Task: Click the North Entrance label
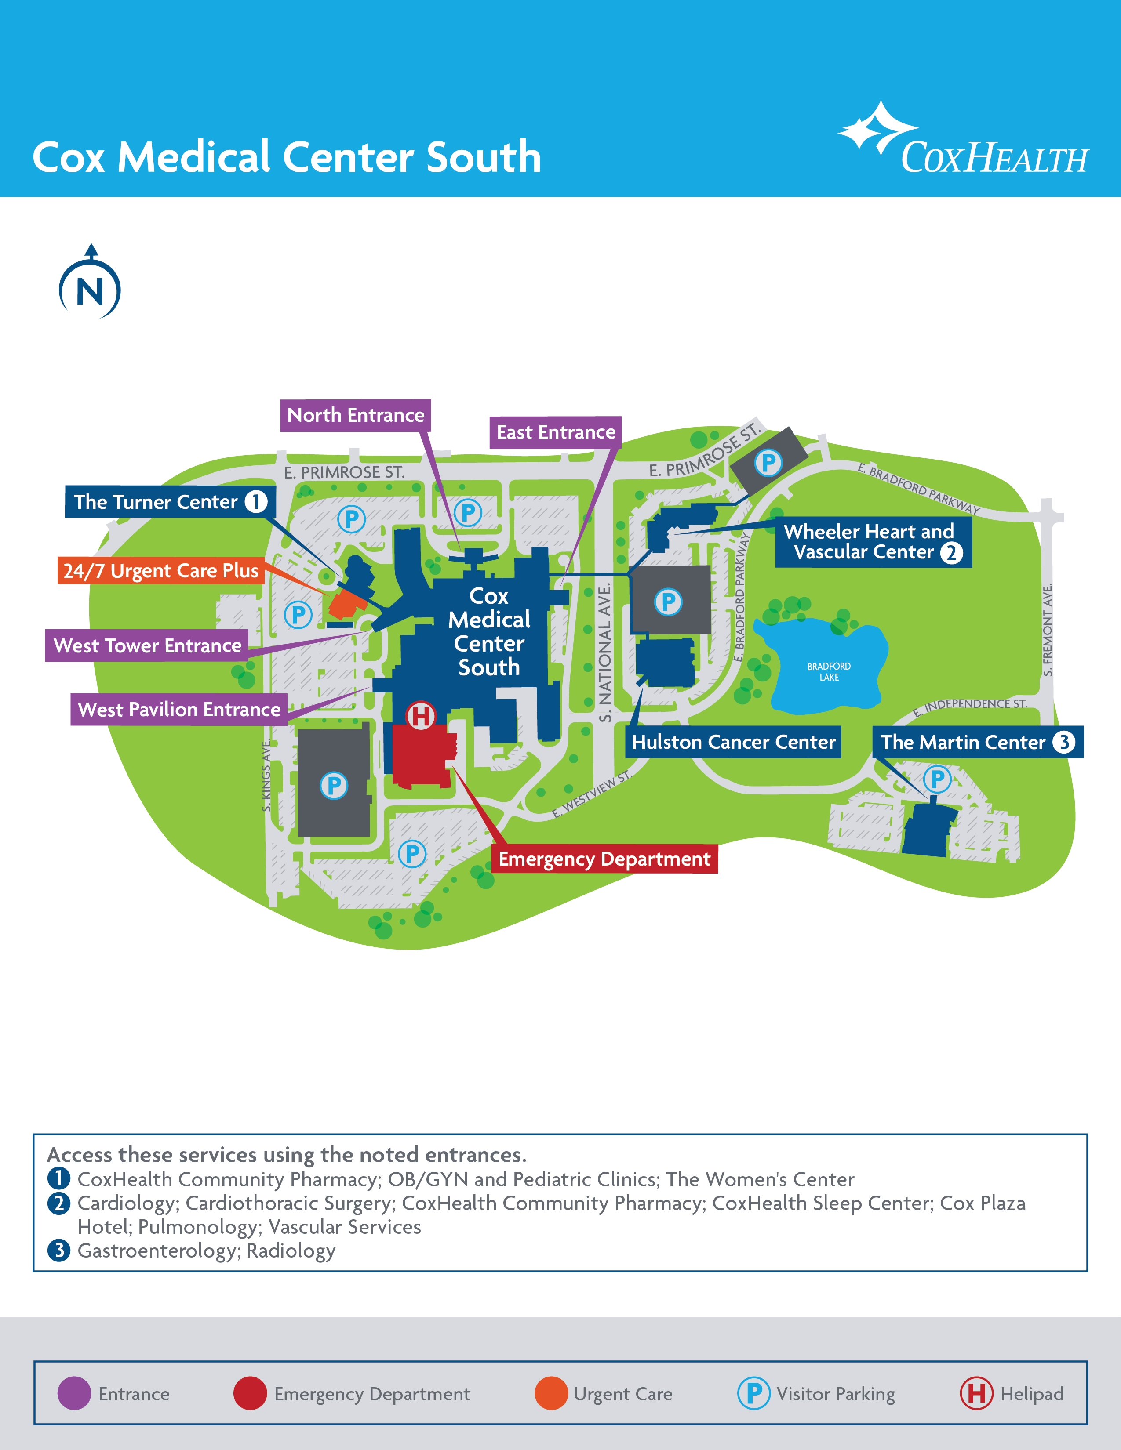(355, 416)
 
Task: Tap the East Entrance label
(556, 433)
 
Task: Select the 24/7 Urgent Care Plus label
(161, 571)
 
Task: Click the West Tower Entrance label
(147, 646)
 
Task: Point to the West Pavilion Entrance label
(179, 710)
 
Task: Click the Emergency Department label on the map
(604, 859)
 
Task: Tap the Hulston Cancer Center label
(733, 742)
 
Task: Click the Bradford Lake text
(829, 672)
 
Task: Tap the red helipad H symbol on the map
(420, 716)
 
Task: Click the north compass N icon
(90, 290)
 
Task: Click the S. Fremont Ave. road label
(1047, 630)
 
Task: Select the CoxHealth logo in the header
(963, 141)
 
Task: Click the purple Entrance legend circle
(74, 1394)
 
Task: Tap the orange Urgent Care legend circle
(551, 1394)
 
